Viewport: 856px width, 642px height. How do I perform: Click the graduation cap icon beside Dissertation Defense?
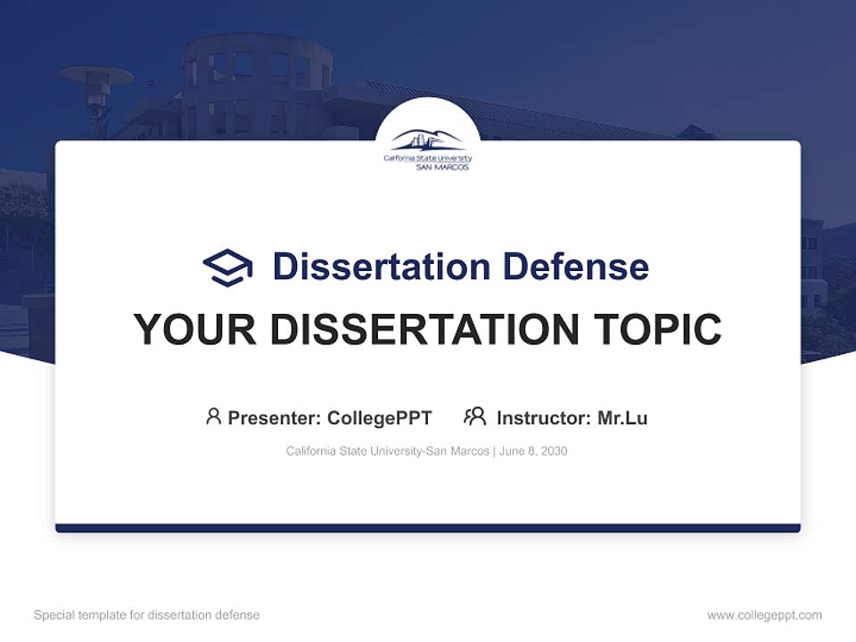point(227,267)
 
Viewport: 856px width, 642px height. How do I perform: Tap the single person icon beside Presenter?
point(213,416)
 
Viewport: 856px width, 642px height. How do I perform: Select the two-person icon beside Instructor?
point(474,416)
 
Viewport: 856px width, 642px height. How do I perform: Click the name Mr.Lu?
point(622,417)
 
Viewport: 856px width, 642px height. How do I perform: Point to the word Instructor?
point(543,417)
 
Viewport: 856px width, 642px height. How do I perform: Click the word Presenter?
point(275,417)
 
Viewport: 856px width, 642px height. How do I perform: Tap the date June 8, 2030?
point(533,451)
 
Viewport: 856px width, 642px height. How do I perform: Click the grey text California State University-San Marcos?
point(387,451)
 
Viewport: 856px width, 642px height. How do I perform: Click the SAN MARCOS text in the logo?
point(442,167)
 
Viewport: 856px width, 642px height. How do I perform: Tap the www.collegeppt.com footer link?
point(764,615)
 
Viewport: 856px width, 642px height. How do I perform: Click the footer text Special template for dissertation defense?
point(147,615)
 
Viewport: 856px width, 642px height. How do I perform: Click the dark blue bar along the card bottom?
point(428,528)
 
